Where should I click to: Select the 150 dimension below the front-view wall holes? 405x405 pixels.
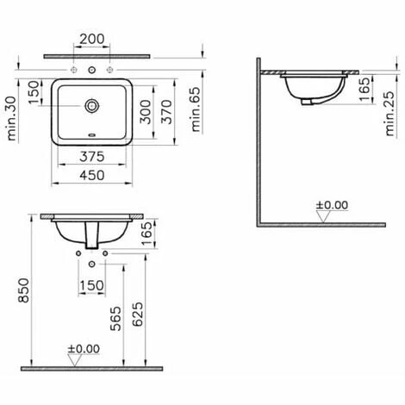91,285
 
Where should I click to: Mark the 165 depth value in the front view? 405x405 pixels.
146,230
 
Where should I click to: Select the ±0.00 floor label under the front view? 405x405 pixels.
85,349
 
